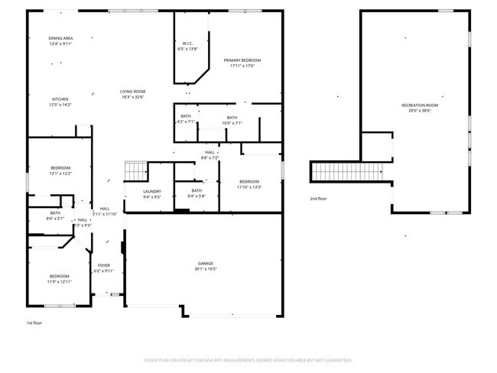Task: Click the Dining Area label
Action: point(60,38)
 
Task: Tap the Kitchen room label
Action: point(60,99)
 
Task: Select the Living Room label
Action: point(132,92)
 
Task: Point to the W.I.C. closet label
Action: point(187,44)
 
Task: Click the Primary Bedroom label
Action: point(242,60)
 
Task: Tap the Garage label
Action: point(206,264)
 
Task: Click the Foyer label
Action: point(103,265)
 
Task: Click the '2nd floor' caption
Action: point(319,199)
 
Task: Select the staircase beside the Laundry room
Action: point(135,169)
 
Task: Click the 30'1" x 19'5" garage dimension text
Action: point(206,270)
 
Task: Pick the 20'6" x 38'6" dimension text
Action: point(420,111)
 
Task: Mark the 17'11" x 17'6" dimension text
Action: point(242,66)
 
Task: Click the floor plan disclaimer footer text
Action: point(248,359)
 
